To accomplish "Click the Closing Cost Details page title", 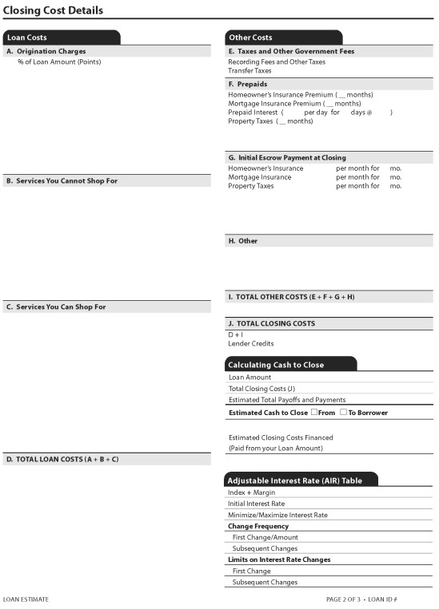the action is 53,10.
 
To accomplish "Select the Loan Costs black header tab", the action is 27,38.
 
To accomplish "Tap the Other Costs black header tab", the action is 250,38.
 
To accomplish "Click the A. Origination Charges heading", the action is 46,51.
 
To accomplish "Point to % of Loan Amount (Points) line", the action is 59,61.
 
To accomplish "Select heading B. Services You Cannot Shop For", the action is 62,181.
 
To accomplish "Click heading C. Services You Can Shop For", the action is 56,307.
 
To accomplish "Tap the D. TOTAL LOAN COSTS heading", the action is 62,460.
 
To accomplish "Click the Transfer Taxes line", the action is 249,70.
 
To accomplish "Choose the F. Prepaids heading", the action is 248,84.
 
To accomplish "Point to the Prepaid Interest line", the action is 254,113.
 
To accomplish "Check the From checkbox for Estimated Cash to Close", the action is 314,412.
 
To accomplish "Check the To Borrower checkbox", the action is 343,412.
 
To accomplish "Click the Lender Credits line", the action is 251,344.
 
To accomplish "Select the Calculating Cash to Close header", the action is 276,365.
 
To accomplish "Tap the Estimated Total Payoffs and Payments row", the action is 287,400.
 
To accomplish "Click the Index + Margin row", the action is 251,492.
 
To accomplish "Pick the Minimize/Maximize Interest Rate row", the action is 277,515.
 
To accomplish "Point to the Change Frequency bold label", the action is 258,526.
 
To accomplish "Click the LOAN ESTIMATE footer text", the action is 26,599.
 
